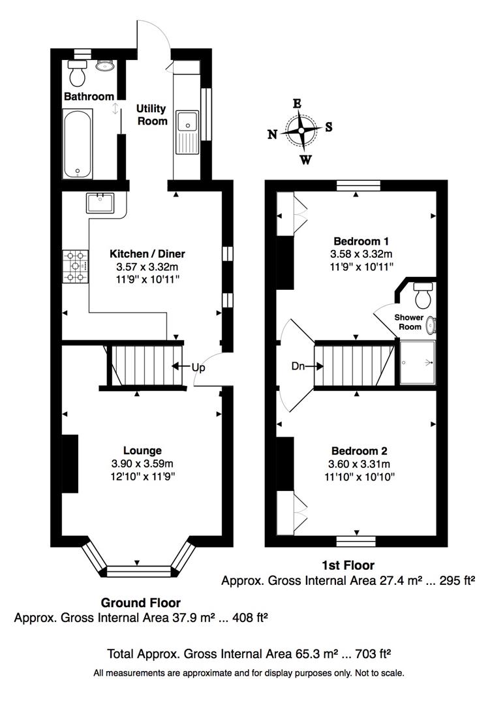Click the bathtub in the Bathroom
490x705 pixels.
click(x=78, y=144)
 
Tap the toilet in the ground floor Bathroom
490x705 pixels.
click(x=78, y=73)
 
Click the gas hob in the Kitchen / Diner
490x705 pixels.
click(x=76, y=266)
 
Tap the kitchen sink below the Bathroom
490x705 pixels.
click(x=100, y=203)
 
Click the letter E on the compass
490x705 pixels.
click(x=297, y=103)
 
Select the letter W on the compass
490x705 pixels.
click(x=306, y=160)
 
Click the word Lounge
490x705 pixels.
click(x=142, y=450)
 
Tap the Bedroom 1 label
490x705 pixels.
click(x=361, y=241)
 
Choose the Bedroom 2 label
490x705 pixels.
click(x=360, y=451)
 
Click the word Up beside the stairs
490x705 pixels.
click(x=198, y=368)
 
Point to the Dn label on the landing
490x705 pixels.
click(x=298, y=366)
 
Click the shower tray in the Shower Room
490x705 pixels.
click(x=418, y=362)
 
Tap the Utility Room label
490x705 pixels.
click(x=152, y=115)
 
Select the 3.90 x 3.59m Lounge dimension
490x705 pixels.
click(x=142, y=463)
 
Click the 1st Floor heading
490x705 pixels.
click(x=348, y=565)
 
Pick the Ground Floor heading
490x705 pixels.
click(x=141, y=603)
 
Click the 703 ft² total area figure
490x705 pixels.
click(x=373, y=653)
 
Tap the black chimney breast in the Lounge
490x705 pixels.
click(x=70, y=463)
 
